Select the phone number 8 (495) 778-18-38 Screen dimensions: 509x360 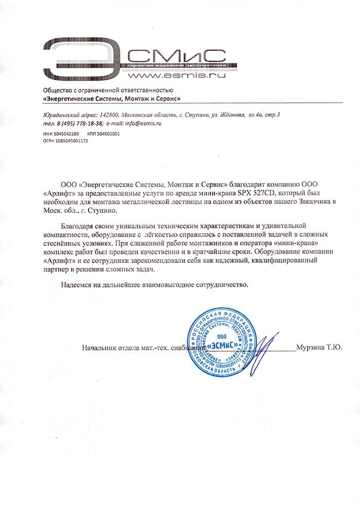pos(76,124)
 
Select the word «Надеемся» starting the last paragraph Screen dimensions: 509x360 pos(78,284)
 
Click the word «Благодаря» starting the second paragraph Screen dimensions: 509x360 pos(78,226)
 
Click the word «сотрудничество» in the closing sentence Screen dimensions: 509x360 pos(220,284)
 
